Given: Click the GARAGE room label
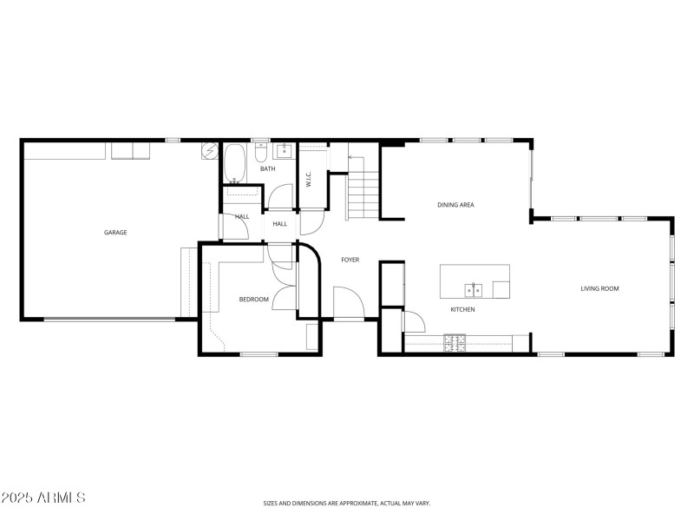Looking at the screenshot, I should pyautogui.click(x=115, y=232).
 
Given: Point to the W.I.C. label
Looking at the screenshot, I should pyautogui.click(x=308, y=179).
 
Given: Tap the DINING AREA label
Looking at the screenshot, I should pyautogui.click(x=455, y=205).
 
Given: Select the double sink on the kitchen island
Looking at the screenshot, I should pyautogui.click(x=474, y=288).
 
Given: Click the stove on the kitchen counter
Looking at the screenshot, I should pyautogui.click(x=455, y=343).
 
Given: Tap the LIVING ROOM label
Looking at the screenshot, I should pyautogui.click(x=599, y=288).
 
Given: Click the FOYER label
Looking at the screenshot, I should pyautogui.click(x=350, y=260).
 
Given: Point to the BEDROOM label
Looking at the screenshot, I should pyautogui.click(x=254, y=300).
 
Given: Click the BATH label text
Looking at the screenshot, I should pyautogui.click(x=267, y=168).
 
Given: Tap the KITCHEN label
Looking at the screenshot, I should pyautogui.click(x=462, y=309).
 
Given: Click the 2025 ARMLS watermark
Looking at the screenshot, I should pyautogui.click(x=43, y=498).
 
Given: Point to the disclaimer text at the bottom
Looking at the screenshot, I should pyautogui.click(x=346, y=503).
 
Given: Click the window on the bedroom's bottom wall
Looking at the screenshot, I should pyautogui.click(x=259, y=354).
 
